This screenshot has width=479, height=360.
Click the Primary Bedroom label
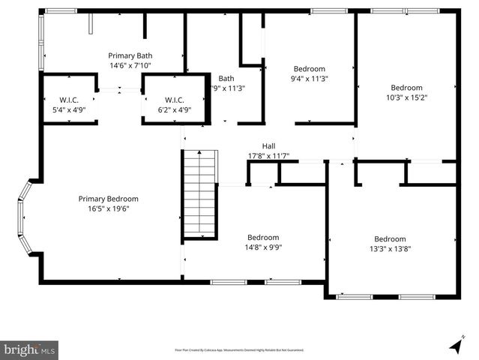[109, 199]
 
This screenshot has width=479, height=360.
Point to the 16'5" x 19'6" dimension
[109, 209]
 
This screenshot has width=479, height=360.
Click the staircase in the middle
[200, 194]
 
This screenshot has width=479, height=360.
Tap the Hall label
[268, 146]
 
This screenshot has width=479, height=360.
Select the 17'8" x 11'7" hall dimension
[268, 156]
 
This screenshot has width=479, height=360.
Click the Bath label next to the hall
[226, 78]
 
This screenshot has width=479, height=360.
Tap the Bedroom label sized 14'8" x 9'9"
[263, 237]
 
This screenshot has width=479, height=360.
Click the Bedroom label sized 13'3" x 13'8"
[390, 239]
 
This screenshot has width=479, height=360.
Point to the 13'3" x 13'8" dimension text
[390, 249]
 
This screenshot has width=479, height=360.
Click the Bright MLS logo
[30, 349]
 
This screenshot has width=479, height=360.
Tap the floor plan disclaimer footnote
[239, 349]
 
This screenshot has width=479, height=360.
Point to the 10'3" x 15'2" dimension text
[406, 97]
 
